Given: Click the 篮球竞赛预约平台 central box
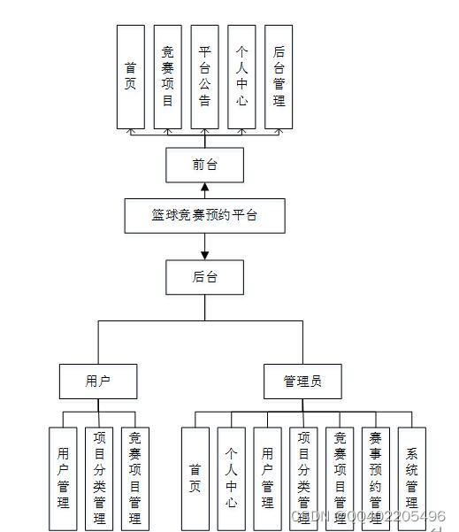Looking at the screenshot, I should point(204,215).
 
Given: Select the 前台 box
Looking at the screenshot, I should point(204,164).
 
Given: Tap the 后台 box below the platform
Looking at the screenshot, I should point(204,277).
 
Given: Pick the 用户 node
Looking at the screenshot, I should point(98,382).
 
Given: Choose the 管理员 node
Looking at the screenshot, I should point(302,382).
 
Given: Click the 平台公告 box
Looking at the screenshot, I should point(204,76).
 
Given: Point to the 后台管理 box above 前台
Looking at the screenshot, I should point(279,76).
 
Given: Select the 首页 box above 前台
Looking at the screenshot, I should point(131,76).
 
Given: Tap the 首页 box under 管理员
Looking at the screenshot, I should point(195,479).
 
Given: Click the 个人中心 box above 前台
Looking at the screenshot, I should point(241,76).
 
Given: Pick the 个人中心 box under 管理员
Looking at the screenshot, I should point(231,479).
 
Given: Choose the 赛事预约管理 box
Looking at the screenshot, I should point(376,479).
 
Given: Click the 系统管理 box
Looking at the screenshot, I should point(412,479).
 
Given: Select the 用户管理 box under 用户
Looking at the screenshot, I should point(63,479).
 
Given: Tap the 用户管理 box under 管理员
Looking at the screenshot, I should point(267,479).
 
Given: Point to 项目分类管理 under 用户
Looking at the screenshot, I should point(98,479).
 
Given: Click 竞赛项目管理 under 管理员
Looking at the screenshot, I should point(340,479).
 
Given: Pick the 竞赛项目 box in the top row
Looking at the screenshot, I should point(168,76).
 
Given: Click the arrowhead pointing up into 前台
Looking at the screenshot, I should point(204,187).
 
